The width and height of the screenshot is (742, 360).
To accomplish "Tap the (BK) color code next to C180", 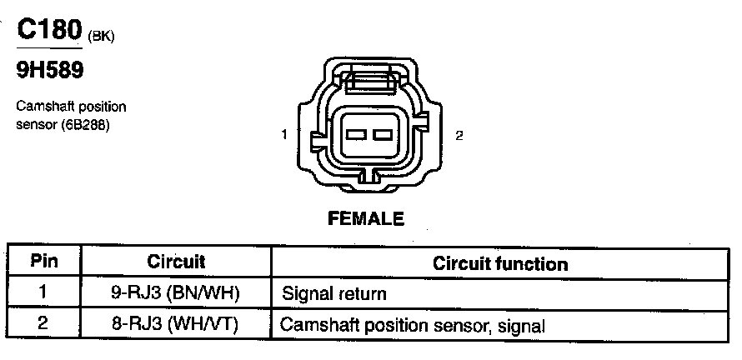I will point(101,35).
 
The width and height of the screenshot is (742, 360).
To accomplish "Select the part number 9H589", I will point(50,72).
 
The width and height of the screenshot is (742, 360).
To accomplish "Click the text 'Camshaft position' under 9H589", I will point(71,107).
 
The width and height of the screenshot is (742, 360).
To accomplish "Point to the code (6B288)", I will point(87,126).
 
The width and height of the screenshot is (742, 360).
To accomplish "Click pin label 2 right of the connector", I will point(459,135).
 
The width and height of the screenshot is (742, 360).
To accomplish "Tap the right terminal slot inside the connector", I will point(384,135).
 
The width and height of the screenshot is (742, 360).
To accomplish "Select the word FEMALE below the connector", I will point(367,219).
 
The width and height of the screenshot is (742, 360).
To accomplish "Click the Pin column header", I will point(43,262).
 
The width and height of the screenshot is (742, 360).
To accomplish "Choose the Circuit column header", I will point(176,262).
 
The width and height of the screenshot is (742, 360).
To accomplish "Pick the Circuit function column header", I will point(500,263).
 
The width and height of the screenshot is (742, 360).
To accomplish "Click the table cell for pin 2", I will point(43,323).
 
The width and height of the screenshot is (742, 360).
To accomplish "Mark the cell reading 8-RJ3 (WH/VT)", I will point(176,323).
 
